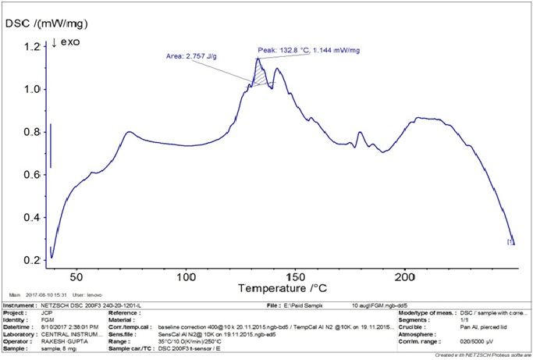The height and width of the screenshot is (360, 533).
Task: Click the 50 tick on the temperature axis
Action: click(x=76, y=276)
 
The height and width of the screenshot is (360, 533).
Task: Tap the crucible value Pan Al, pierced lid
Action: click(x=480, y=327)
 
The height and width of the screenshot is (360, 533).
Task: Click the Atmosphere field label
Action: click(x=418, y=334)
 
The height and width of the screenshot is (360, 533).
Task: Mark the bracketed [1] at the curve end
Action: click(x=510, y=242)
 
